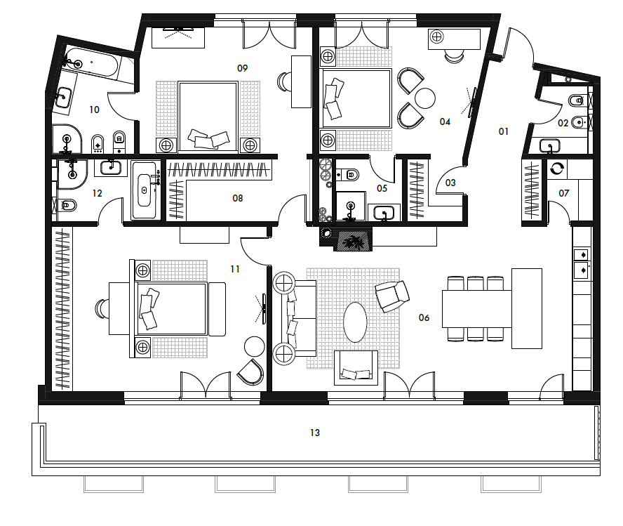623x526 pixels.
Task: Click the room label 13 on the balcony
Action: pyautogui.click(x=315, y=433)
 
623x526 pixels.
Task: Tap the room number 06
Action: pyautogui.click(x=424, y=317)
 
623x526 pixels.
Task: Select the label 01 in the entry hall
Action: pyautogui.click(x=504, y=131)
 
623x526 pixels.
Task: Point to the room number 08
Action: pyautogui.click(x=238, y=198)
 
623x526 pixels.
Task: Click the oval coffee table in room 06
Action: pyautogui.click(x=355, y=322)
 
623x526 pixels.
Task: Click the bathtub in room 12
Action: pyautogui.click(x=145, y=190)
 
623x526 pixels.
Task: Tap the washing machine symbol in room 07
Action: pyautogui.click(x=557, y=169)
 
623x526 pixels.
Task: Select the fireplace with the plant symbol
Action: pyautogui.click(x=353, y=240)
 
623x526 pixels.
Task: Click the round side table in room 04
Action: pyautogui.click(x=424, y=98)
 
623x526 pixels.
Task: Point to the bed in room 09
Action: pyautogui.click(x=208, y=117)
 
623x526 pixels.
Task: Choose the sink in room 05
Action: pyautogui.click(x=384, y=213)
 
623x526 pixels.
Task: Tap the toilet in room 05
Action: pyautogui.click(x=349, y=174)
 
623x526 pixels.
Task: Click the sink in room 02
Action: pyautogui.click(x=550, y=145)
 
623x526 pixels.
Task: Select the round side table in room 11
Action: pyautogui.click(x=254, y=346)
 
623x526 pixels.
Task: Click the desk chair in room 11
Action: pyautogui.click(x=102, y=309)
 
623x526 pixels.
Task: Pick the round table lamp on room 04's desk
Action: pyautogui.click(x=436, y=37)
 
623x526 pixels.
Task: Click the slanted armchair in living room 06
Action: pyautogui.click(x=392, y=296)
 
